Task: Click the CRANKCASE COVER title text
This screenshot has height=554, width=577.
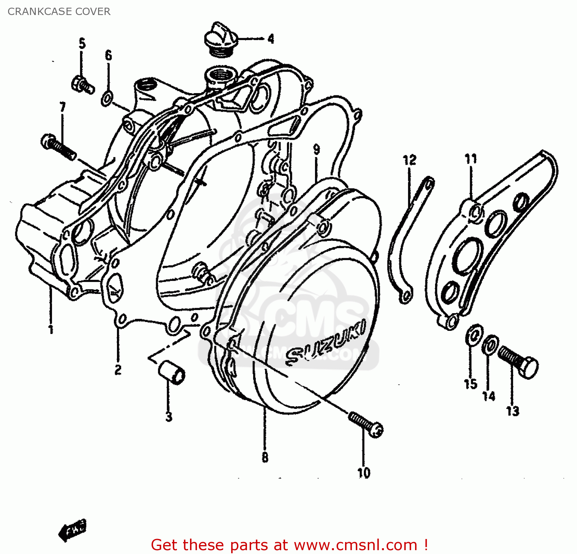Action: point(59,12)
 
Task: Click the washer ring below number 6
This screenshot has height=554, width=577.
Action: point(107,98)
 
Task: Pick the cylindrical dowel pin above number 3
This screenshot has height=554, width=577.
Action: point(172,372)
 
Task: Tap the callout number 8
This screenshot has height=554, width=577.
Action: point(265,457)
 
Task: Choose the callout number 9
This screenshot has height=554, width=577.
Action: point(316,149)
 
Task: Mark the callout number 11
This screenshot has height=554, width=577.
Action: point(470,159)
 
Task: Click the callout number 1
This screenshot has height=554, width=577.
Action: point(50,329)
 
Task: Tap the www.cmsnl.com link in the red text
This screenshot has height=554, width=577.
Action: point(355,545)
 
